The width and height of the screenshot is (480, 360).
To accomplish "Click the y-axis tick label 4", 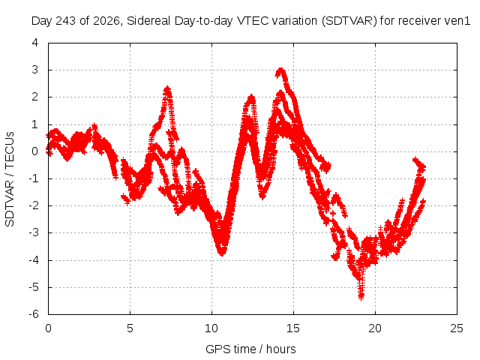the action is point(35,43).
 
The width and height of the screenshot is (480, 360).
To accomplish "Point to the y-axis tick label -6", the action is point(34,314).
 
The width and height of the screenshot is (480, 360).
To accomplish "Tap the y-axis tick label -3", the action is point(34,232).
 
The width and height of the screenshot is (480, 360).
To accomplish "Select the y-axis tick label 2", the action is point(35,97).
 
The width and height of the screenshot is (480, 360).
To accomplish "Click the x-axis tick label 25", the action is point(457,328).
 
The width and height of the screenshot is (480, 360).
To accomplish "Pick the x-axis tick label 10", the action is point(211,328).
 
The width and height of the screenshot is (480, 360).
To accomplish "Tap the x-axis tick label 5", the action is point(130,328).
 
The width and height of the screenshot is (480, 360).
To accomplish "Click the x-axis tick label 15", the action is point(293,328).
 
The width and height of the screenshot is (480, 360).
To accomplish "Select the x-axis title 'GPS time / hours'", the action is point(250,349).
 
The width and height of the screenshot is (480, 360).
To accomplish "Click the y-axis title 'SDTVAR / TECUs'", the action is point(10,179).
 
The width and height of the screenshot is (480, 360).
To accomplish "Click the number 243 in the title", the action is point(66,21).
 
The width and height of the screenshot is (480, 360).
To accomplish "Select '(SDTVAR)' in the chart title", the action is point(349,21).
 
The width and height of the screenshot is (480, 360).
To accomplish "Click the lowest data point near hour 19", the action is point(361,298).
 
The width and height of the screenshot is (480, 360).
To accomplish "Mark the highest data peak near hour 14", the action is point(280,70).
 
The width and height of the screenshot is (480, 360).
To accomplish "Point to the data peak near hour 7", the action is point(167,88).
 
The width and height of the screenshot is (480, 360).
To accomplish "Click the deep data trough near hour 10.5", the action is point(222,253).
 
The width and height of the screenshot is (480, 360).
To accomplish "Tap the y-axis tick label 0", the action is point(35,151).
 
